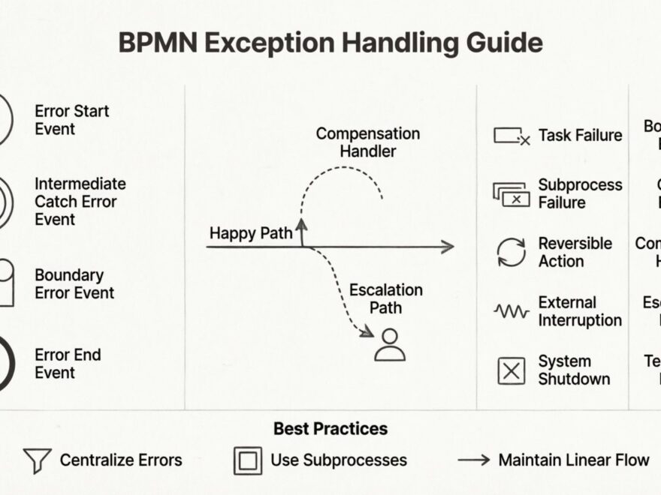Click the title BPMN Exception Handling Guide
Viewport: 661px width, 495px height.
pos(330,43)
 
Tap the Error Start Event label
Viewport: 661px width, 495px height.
pos(71,120)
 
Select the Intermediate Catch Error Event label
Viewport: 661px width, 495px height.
pos(80,201)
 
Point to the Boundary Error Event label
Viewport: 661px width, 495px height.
pos(74,283)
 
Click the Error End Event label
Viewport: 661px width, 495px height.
pos(67,363)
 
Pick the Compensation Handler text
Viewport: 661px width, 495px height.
pos(367,142)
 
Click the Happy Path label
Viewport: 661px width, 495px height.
pos(250,233)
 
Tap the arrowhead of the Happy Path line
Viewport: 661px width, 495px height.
pos(448,246)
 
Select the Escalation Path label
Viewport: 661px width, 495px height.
pos(385,298)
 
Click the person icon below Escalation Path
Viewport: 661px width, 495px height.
pos(389,344)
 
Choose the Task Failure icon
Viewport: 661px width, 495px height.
pos(512,136)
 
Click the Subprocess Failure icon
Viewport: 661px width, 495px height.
pos(512,194)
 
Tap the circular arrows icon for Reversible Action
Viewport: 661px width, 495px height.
pos(512,252)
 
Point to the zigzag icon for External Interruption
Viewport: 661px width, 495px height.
pos(512,310)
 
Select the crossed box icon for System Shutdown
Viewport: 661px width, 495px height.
pos(512,370)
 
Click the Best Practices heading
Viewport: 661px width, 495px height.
pos(330,429)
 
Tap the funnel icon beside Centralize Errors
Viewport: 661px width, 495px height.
pos(37,460)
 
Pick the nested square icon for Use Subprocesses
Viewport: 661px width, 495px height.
pos(248,460)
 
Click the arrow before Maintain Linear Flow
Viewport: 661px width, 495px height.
pos(473,460)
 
